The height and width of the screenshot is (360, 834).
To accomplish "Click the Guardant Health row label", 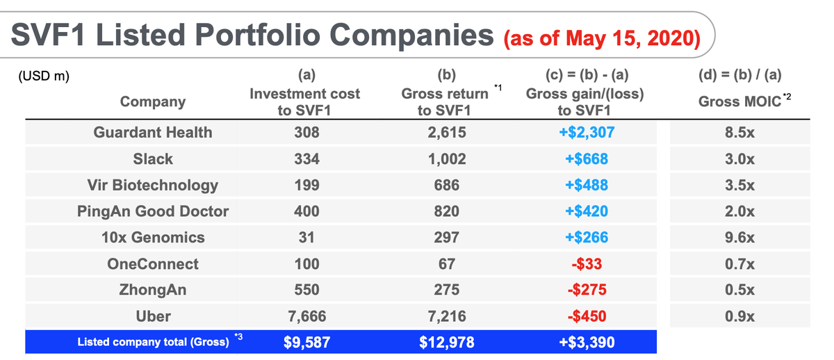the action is pyautogui.click(x=153, y=133).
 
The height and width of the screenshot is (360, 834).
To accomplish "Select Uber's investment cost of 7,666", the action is pyautogui.click(x=306, y=316).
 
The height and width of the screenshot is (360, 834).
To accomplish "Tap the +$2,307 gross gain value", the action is pyautogui.click(x=587, y=133).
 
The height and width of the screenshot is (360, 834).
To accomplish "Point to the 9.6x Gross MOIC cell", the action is pyautogui.click(x=739, y=238).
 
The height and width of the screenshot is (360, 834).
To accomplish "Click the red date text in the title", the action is pyautogui.click(x=602, y=38).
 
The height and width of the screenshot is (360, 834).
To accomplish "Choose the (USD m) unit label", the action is pyautogui.click(x=44, y=76).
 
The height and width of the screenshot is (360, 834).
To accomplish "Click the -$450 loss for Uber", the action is pyautogui.click(x=587, y=316).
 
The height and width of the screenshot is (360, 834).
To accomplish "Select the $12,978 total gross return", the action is pyautogui.click(x=446, y=343).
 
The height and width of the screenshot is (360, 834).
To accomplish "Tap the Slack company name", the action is pyautogui.click(x=153, y=159).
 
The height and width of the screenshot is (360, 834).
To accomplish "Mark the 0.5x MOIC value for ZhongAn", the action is pyautogui.click(x=739, y=290).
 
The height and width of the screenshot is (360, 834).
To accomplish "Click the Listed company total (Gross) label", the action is pyautogui.click(x=153, y=342).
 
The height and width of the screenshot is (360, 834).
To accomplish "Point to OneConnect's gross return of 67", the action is pyautogui.click(x=446, y=264).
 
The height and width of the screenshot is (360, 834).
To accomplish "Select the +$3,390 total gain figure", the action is pyautogui.click(x=587, y=343).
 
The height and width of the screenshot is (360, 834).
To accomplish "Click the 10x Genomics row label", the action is pyautogui.click(x=153, y=238).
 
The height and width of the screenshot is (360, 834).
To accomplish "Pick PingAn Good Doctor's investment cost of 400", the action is pyautogui.click(x=306, y=211).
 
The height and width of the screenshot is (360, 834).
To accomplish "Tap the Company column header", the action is pyautogui.click(x=153, y=101).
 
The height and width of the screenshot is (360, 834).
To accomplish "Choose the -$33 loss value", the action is pyautogui.click(x=587, y=264).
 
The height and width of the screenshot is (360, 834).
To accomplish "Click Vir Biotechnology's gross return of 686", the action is pyautogui.click(x=446, y=185).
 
